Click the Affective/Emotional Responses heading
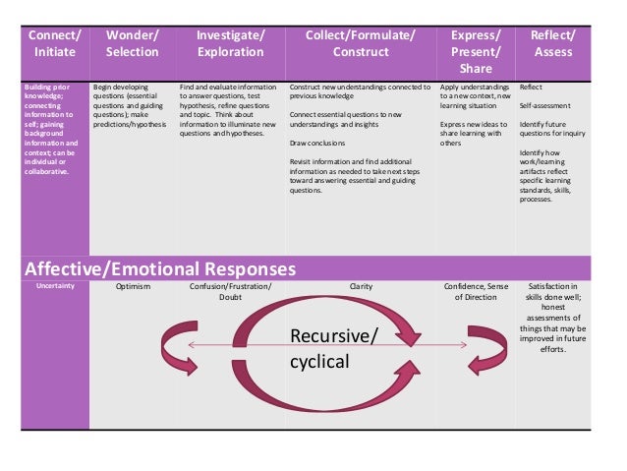click(x=159, y=268)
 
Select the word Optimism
click(x=133, y=287)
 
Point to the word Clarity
click(x=361, y=287)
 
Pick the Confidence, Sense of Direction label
click(x=476, y=292)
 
